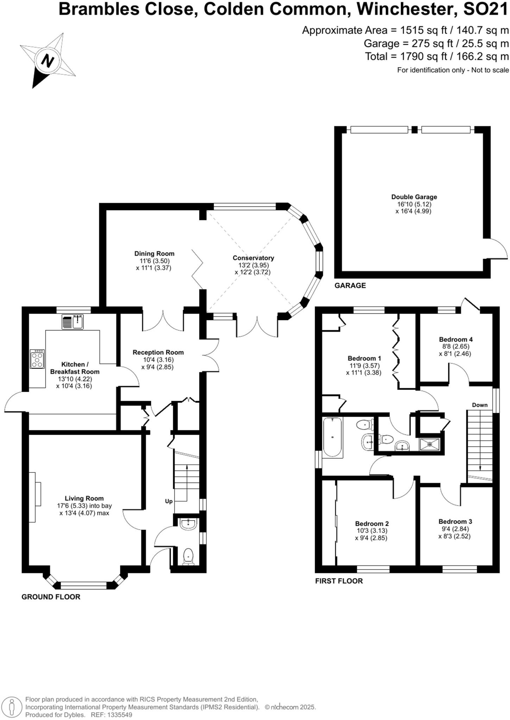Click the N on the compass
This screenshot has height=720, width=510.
click(x=47, y=61)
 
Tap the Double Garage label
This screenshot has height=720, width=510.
click(x=414, y=197)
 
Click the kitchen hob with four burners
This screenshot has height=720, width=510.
click(x=37, y=359)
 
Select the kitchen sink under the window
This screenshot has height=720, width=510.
click(x=73, y=322)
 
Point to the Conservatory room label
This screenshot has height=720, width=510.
click(x=253, y=258)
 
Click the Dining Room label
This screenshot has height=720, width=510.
click(x=154, y=253)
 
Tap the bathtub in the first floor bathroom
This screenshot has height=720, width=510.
click(x=332, y=437)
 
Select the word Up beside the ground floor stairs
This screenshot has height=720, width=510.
click(x=169, y=501)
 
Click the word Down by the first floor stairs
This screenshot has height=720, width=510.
click(x=480, y=405)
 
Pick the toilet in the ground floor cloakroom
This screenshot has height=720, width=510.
click(x=189, y=557)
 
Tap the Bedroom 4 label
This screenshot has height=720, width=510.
click(x=455, y=339)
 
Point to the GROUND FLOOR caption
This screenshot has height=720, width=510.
click(x=51, y=597)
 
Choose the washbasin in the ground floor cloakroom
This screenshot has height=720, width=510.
click(x=189, y=524)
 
